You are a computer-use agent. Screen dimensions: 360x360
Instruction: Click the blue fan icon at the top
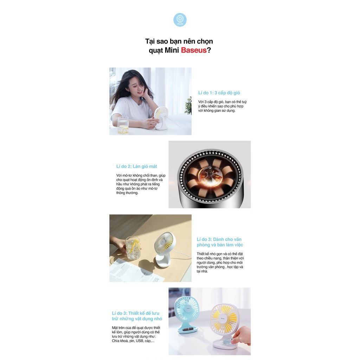tap(180, 20)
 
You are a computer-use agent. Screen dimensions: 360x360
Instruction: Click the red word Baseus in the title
tap(193, 50)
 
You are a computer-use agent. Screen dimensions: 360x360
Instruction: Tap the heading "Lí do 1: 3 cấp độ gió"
tap(219, 93)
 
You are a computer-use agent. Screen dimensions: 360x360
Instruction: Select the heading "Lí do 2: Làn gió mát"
tap(136, 166)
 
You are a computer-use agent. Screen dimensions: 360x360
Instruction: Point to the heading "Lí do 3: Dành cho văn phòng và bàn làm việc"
tap(219, 242)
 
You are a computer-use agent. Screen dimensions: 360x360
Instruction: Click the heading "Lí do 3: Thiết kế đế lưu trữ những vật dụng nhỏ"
tap(137, 316)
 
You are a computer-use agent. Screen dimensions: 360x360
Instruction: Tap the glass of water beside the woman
tap(123, 125)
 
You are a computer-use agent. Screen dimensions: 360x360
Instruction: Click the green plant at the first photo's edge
tap(189, 105)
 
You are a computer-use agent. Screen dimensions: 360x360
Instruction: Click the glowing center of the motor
tap(210, 175)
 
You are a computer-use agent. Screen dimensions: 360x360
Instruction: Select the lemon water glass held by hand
tap(133, 248)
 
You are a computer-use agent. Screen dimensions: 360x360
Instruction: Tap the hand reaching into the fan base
tap(242, 335)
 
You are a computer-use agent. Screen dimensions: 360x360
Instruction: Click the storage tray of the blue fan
tap(187, 329)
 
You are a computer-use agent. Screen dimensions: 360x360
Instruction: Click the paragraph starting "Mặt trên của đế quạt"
tap(135, 334)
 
